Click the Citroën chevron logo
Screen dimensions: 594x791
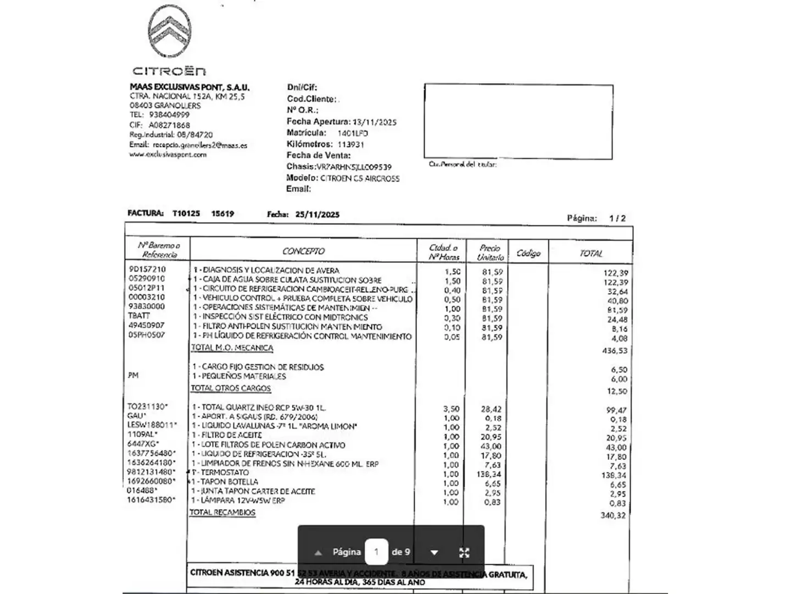tap(170, 31)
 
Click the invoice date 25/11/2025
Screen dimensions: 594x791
tap(317, 215)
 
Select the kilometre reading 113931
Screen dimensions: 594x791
tap(350, 145)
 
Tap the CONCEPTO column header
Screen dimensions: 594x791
tap(303, 251)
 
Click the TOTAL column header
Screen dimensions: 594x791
tap(591, 254)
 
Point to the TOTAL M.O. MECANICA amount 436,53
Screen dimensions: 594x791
tap(614, 351)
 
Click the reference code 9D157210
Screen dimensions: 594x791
tap(147, 269)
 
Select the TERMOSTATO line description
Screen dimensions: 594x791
tap(225, 472)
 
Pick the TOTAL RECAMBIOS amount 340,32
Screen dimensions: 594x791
tap(613, 515)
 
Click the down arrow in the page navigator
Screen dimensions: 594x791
tap(434, 553)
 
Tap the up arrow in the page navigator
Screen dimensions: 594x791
tap(318, 553)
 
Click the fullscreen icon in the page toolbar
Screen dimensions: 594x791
tap(464, 553)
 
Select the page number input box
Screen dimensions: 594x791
tap(376, 552)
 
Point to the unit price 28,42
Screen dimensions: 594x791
tap(491, 409)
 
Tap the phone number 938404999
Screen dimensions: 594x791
tap(169, 115)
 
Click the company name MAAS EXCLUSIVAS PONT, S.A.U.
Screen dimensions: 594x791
tap(190, 87)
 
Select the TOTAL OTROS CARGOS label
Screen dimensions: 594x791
tap(231, 388)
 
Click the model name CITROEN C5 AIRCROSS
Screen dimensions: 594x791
tap(360, 179)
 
